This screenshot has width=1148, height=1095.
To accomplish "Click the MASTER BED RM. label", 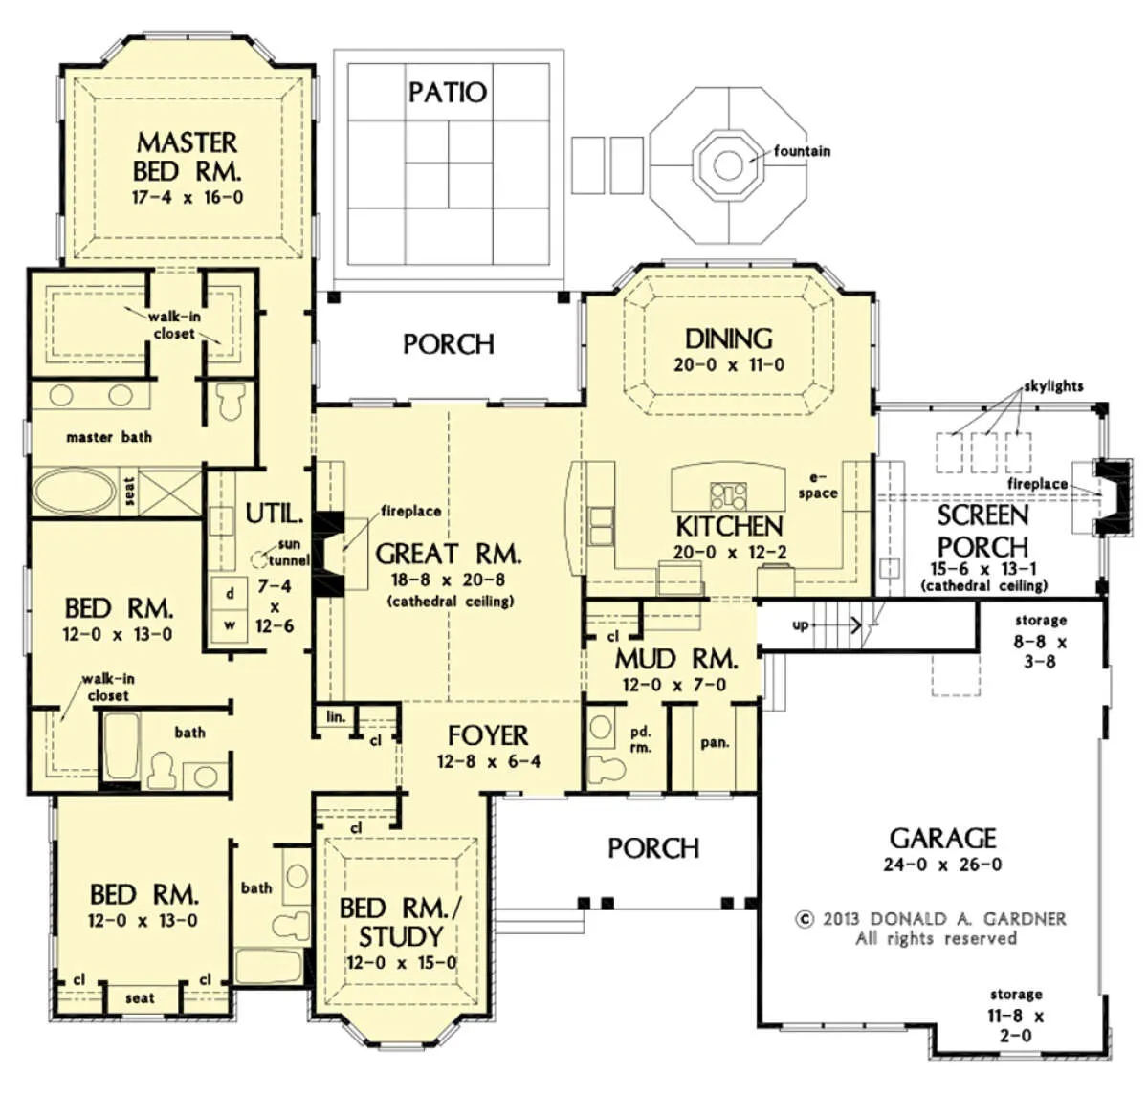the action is click(x=187, y=157).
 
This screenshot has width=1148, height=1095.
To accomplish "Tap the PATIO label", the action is click(x=448, y=92).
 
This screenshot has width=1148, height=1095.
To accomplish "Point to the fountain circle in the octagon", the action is click(x=728, y=164).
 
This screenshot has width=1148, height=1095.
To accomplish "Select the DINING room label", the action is click(x=729, y=339).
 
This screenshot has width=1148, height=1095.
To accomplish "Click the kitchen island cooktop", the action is click(x=728, y=495).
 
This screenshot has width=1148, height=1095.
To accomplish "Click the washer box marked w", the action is click(x=230, y=625).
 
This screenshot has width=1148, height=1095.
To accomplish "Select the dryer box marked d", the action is click(x=230, y=593).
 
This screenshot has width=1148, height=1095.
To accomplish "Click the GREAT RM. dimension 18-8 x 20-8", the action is click(x=449, y=580).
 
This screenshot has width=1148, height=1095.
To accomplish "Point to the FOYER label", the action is click(x=488, y=735).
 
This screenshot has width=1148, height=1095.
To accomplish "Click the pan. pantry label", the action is click(x=715, y=743).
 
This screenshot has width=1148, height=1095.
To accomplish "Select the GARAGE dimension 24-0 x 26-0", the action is click(x=942, y=865).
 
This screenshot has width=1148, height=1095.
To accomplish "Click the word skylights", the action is click(x=1053, y=386).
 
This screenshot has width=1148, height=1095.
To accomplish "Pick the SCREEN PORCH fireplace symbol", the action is click(x=1113, y=496).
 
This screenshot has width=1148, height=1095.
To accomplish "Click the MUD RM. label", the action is click(x=676, y=660).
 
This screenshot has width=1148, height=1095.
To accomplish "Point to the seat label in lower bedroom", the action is click(x=140, y=998).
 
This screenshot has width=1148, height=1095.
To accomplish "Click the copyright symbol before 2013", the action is click(x=804, y=919).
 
